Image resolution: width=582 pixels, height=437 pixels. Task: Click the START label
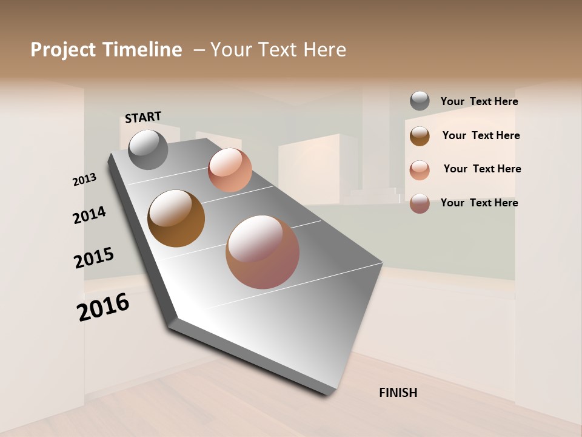click(x=143, y=117)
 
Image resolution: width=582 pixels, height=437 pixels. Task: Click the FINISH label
click(x=398, y=393)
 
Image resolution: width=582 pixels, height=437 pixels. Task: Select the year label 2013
click(x=84, y=179)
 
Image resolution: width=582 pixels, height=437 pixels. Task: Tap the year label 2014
click(x=89, y=215)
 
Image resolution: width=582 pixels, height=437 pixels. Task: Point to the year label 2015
click(x=94, y=257)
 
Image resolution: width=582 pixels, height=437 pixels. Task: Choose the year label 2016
click(x=103, y=307)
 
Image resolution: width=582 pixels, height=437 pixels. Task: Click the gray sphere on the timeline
click(x=148, y=149)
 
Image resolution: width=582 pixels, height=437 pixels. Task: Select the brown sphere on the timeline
click(x=176, y=218)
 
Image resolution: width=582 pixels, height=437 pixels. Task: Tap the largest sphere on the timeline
click(x=263, y=252)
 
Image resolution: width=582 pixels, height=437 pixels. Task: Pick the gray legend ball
click(x=420, y=101)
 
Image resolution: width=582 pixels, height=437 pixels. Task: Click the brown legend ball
click(x=420, y=135)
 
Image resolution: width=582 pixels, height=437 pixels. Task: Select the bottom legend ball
click(x=420, y=203)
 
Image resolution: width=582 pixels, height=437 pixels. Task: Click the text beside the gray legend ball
click(x=479, y=101)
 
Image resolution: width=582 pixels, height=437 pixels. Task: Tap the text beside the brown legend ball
click(x=481, y=135)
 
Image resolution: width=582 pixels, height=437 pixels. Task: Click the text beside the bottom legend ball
click(x=479, y=203)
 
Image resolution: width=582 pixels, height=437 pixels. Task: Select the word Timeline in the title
click(x=142, y=50)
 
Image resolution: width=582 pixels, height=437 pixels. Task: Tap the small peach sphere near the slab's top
click(x=230, y=170)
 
